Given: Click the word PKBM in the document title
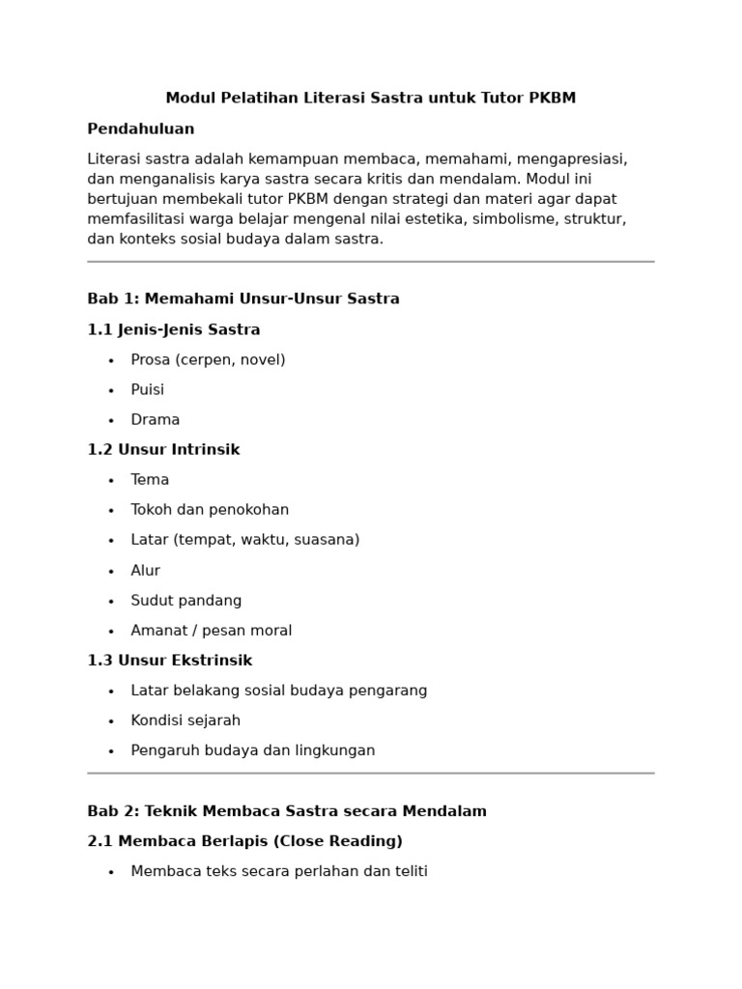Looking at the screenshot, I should point(553,99).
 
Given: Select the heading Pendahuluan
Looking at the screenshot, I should point(141,129).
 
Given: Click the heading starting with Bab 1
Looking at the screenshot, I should point(243,299).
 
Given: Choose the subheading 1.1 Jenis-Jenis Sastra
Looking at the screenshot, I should point(174,330).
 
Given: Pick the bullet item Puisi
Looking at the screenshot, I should point(148,390).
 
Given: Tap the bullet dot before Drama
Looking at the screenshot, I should point(111,421).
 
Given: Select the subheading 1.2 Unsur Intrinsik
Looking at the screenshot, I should point(163,450).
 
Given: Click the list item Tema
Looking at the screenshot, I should point(150,480).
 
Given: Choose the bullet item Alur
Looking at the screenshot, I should point(146,571).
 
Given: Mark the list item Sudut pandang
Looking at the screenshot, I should point(186,601).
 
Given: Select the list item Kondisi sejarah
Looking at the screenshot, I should point(185,721).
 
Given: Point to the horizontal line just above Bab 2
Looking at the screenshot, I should point(371,774).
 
